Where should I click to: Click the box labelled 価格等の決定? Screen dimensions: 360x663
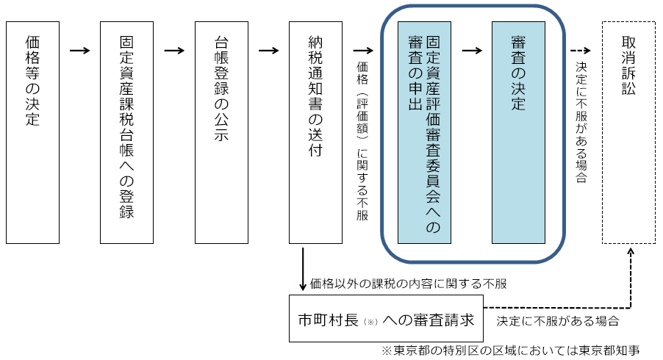pos(32,132)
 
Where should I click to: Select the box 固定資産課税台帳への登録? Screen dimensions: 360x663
pos(126,132)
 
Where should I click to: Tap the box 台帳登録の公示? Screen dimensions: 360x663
pos(221,132)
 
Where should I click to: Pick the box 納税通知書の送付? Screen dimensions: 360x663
pos(316,132)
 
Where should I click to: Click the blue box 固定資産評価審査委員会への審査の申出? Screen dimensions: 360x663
pos(424,132)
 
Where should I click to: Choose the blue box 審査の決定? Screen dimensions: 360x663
pos(518,132)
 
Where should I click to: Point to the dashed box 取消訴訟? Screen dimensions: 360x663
pos(628,132)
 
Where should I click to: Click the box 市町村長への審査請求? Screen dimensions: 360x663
pos(387,319)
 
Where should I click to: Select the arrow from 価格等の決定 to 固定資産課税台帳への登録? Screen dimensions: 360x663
pos(79,51)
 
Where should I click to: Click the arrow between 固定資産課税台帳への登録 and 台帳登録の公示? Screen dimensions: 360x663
pos(174,51)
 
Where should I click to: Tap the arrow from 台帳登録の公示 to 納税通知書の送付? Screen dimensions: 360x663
pos(269,51)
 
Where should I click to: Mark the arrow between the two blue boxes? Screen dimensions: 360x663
pos(471,51)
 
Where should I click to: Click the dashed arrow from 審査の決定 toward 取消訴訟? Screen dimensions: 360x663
pos(581,51)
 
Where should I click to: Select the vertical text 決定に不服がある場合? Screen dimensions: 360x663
pos(581,122)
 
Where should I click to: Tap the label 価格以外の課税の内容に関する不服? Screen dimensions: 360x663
pos(409,283)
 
